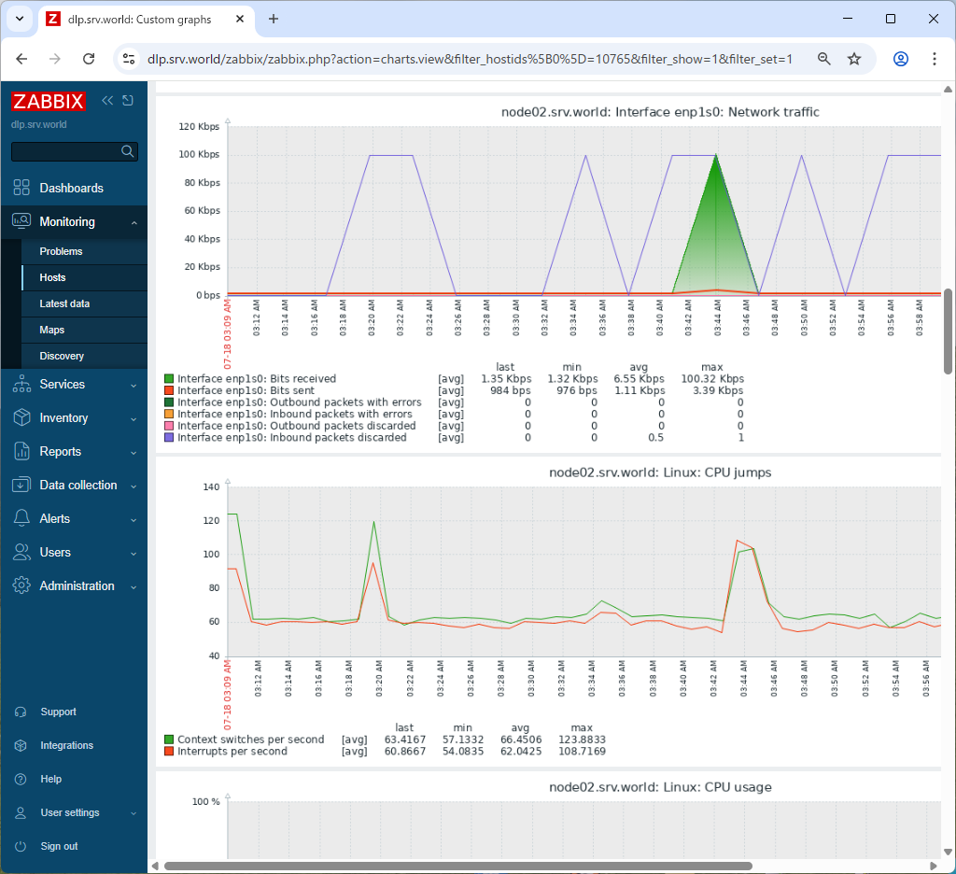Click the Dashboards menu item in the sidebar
(x=71, y=188)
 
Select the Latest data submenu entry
(x=64, y=303)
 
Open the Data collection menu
(x=78, y=485)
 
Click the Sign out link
(x=59, y=846)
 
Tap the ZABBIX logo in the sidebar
(x=49, y=101)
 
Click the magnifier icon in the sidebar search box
(x=128, y=151)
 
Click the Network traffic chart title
(x=660, y=112)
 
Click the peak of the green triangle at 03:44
(x=716, y=155)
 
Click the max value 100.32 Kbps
(x=712, y=379)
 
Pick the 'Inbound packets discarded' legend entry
(x=291, y=437)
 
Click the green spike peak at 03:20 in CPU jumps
(x=374, y=522)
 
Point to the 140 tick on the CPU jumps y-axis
(x=210, y=486)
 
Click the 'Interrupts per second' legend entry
(x=232, y=751)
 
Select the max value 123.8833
(x=582, y=740)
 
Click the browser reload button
(x=89, y=59)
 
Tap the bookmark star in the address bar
(x=854, y=59)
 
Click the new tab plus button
(x=274, y=19)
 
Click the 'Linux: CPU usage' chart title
(x=660, y=787)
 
